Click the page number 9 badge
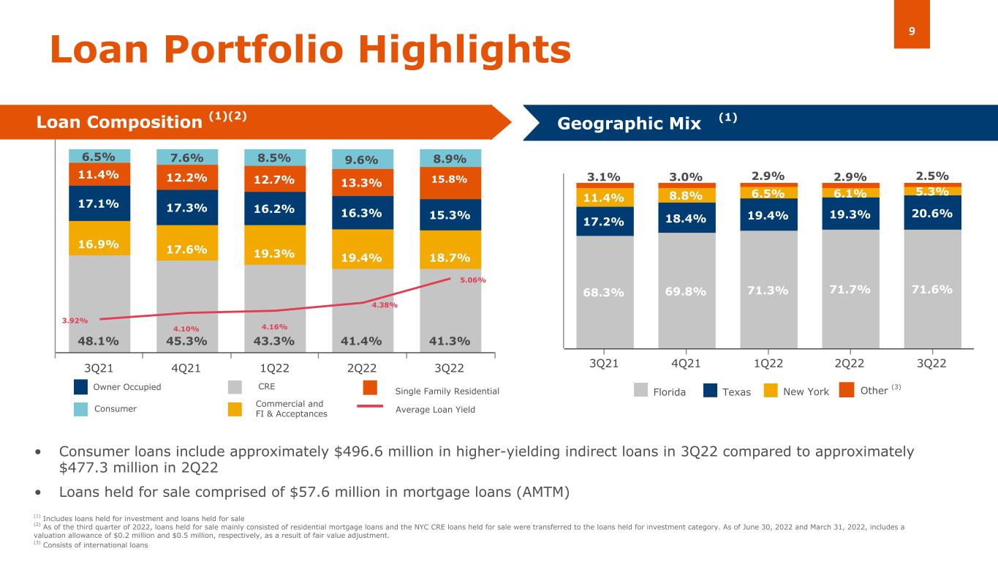click(x=912, y=23)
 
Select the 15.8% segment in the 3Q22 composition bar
click(x=450, y=179)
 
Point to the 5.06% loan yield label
click(x=473, y=280)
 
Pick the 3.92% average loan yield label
click(x=75, y=321)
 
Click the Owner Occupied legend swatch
click(x=81, y=386)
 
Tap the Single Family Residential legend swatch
click(x=370, y=386)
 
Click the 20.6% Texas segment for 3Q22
click(x=931, y=212)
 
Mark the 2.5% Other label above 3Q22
click(x=931, y=176)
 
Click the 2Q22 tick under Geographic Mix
click(x=850, y=364)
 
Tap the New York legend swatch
click(x=770, y=391)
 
